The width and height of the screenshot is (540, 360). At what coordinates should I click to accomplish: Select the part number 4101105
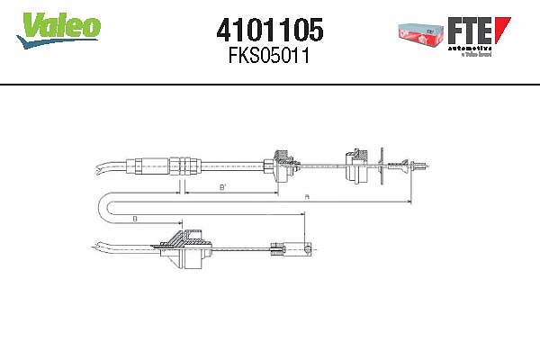click(x=269, y=30)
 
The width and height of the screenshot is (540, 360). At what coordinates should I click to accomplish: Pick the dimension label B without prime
click(x=134, y=219)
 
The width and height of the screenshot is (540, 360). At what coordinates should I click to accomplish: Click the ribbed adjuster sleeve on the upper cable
click(x=184, y=166)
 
